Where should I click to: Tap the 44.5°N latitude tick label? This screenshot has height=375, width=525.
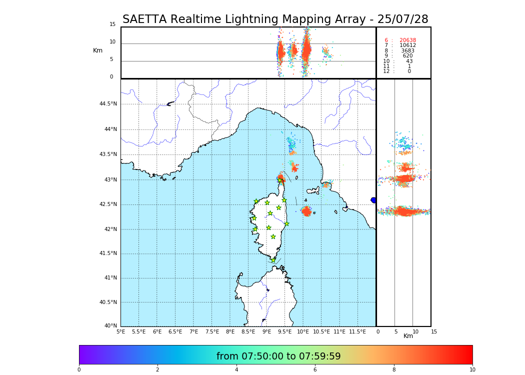tap(108, 104)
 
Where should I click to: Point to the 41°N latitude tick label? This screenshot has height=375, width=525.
tap(110, 278)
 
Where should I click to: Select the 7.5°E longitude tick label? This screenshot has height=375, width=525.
tap(212, 331)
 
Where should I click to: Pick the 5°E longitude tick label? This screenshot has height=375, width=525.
tap(120, 331)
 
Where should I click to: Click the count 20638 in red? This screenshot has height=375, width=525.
tap(407, 40)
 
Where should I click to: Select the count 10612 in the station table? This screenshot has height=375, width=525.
tap(407, 45)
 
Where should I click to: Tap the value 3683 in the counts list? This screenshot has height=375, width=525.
tap(407, 51)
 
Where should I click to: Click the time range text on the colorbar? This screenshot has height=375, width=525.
tap(278, 356)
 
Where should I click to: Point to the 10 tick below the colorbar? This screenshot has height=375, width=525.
tap(472, 370)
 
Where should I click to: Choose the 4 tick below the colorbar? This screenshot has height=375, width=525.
tap(236, 370)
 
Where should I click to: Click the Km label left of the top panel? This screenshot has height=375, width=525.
tap(97, 50)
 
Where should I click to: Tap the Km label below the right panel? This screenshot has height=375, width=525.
tap(408, 336)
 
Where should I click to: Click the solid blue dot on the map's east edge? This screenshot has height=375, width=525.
tap(373, 200)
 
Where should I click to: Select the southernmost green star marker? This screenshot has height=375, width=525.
tap(273, 260)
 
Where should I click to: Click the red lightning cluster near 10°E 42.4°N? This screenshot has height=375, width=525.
tap(306, 211)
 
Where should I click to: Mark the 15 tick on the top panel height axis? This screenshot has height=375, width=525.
tap(112, 24)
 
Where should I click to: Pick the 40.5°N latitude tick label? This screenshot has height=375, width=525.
tap(108, 302)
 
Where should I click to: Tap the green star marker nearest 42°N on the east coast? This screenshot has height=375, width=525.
tap(286, 223)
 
